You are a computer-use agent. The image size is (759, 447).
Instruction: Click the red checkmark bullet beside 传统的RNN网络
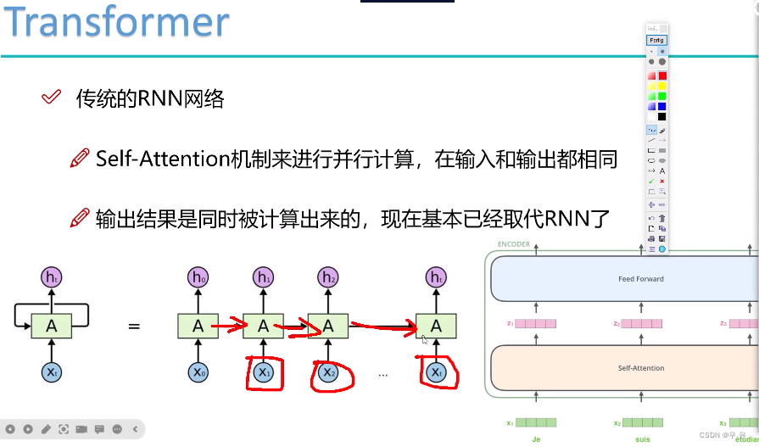tap(51, 98)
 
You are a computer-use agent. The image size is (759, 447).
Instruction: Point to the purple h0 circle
tap(198, 277)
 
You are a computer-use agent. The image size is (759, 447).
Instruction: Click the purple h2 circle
tap(328, 277)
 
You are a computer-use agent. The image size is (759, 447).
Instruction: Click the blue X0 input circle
tap(198, 372)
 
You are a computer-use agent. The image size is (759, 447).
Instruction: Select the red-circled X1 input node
tap(264, 372)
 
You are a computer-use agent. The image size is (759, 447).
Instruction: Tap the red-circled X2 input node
tap(328, 372)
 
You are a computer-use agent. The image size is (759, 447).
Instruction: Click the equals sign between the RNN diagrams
tap(134, 326)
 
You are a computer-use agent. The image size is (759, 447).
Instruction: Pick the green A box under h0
tap(198, 326)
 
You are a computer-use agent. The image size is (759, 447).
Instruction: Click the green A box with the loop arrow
tap(52, 326)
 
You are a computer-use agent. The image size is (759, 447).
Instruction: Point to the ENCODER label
tap(514, 244)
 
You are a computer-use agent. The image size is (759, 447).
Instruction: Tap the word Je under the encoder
tap(536, 439)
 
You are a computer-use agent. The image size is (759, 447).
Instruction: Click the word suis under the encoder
tap(642, 439)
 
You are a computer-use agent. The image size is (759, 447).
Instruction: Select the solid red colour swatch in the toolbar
tap(662, 75)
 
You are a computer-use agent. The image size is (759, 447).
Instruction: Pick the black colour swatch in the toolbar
tap(662, 116)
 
